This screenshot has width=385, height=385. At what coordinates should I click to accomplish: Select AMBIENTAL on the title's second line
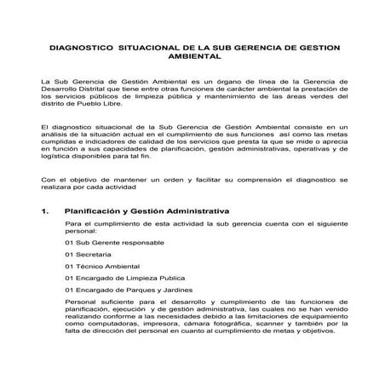tap(195, 58)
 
